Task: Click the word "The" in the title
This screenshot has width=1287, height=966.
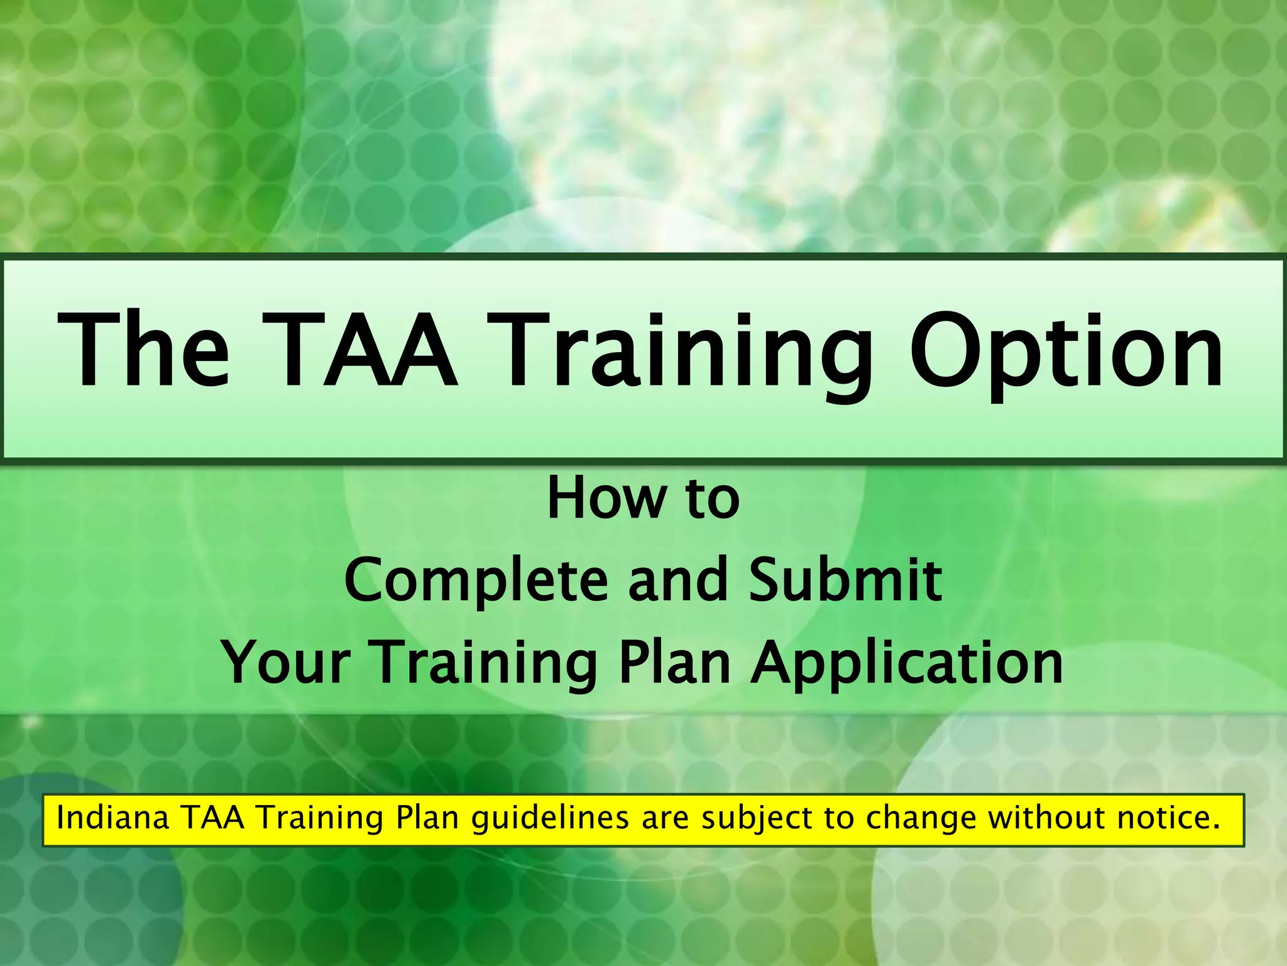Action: click(x=143, y=351)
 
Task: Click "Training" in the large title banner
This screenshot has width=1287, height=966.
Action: click(x=685, y=355)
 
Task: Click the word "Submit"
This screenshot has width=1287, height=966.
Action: click(x=845, y=580)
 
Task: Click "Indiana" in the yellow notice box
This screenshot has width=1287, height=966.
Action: click(x=113, y=818)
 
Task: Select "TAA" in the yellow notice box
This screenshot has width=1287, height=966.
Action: click(x=213, y=818)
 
